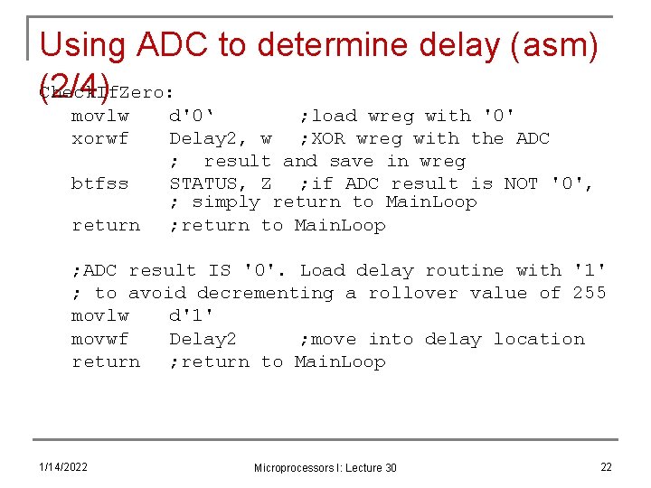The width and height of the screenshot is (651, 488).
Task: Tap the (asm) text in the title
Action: (551, 47)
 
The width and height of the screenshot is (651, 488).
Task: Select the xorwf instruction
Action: (99, 138)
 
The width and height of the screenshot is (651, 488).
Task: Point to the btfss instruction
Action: (99, 183)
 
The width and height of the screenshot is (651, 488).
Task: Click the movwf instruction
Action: (99, 339)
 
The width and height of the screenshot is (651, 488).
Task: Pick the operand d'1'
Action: (192, 316)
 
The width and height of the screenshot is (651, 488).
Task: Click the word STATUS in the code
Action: (203, 183)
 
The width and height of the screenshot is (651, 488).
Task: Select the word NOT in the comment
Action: (521, 183)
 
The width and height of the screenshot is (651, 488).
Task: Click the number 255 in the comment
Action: (590, 293)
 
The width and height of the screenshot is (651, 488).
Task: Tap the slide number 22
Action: (606, 466)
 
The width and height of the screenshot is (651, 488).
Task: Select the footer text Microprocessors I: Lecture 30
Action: (325, 467)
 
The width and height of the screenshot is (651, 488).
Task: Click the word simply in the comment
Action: (225, 202)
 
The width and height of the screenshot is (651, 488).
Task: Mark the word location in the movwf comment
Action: (539, 339)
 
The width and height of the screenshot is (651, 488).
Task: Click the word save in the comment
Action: (355, 161)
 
